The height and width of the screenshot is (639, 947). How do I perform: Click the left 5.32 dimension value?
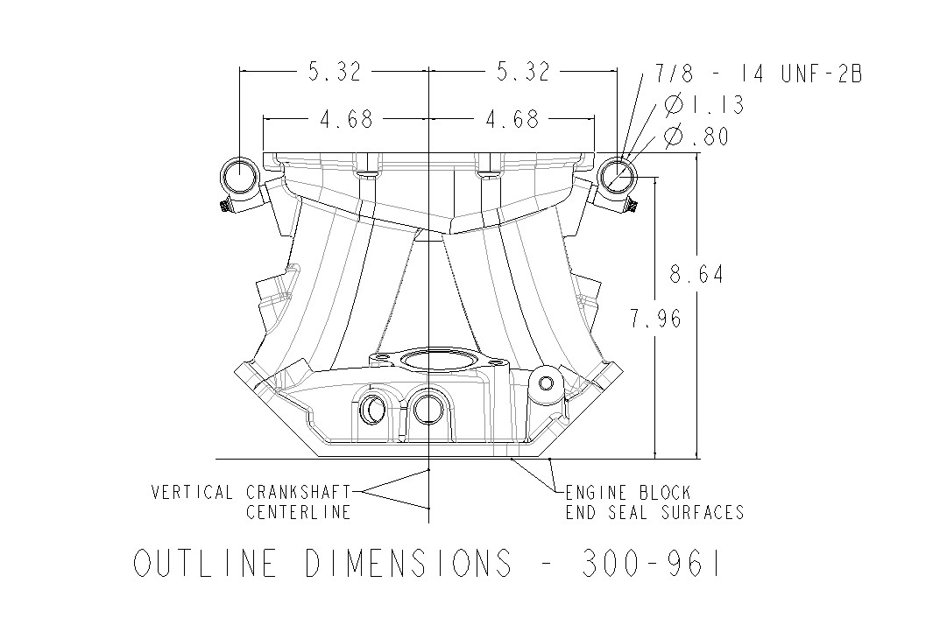[x=335, y=74]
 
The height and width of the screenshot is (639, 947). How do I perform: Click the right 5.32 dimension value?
[x=523, y=74]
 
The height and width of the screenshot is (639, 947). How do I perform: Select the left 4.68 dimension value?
[x=346, y=120]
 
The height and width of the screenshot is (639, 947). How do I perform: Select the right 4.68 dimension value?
[x=514, y=120]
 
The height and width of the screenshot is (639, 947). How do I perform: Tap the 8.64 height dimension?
[x=696, y=275]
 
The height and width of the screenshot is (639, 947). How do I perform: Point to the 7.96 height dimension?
[x=655, y=319]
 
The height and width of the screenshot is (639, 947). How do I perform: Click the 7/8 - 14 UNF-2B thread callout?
[x=759, y=74]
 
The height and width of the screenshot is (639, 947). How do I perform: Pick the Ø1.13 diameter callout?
[x=704, y=106]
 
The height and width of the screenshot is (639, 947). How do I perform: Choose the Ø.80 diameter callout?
[x=696, y=137]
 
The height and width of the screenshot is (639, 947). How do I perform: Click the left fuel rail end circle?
[x=237, y=177]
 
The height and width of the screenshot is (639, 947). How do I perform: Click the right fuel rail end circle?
[x=618, y=177]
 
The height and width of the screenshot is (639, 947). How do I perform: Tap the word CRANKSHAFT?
[x=298, y=492]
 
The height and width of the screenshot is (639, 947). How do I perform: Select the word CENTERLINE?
[x=298, y=512]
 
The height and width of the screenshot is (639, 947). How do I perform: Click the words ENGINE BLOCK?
[x=628, y=493]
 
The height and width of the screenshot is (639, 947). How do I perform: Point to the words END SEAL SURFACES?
[x=654, y=513]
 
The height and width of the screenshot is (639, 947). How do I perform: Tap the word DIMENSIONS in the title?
[x=408, y=564]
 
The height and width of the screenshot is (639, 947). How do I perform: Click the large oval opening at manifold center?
[x=429, y=361]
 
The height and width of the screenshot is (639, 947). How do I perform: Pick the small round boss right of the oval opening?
[x=547, y=383]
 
